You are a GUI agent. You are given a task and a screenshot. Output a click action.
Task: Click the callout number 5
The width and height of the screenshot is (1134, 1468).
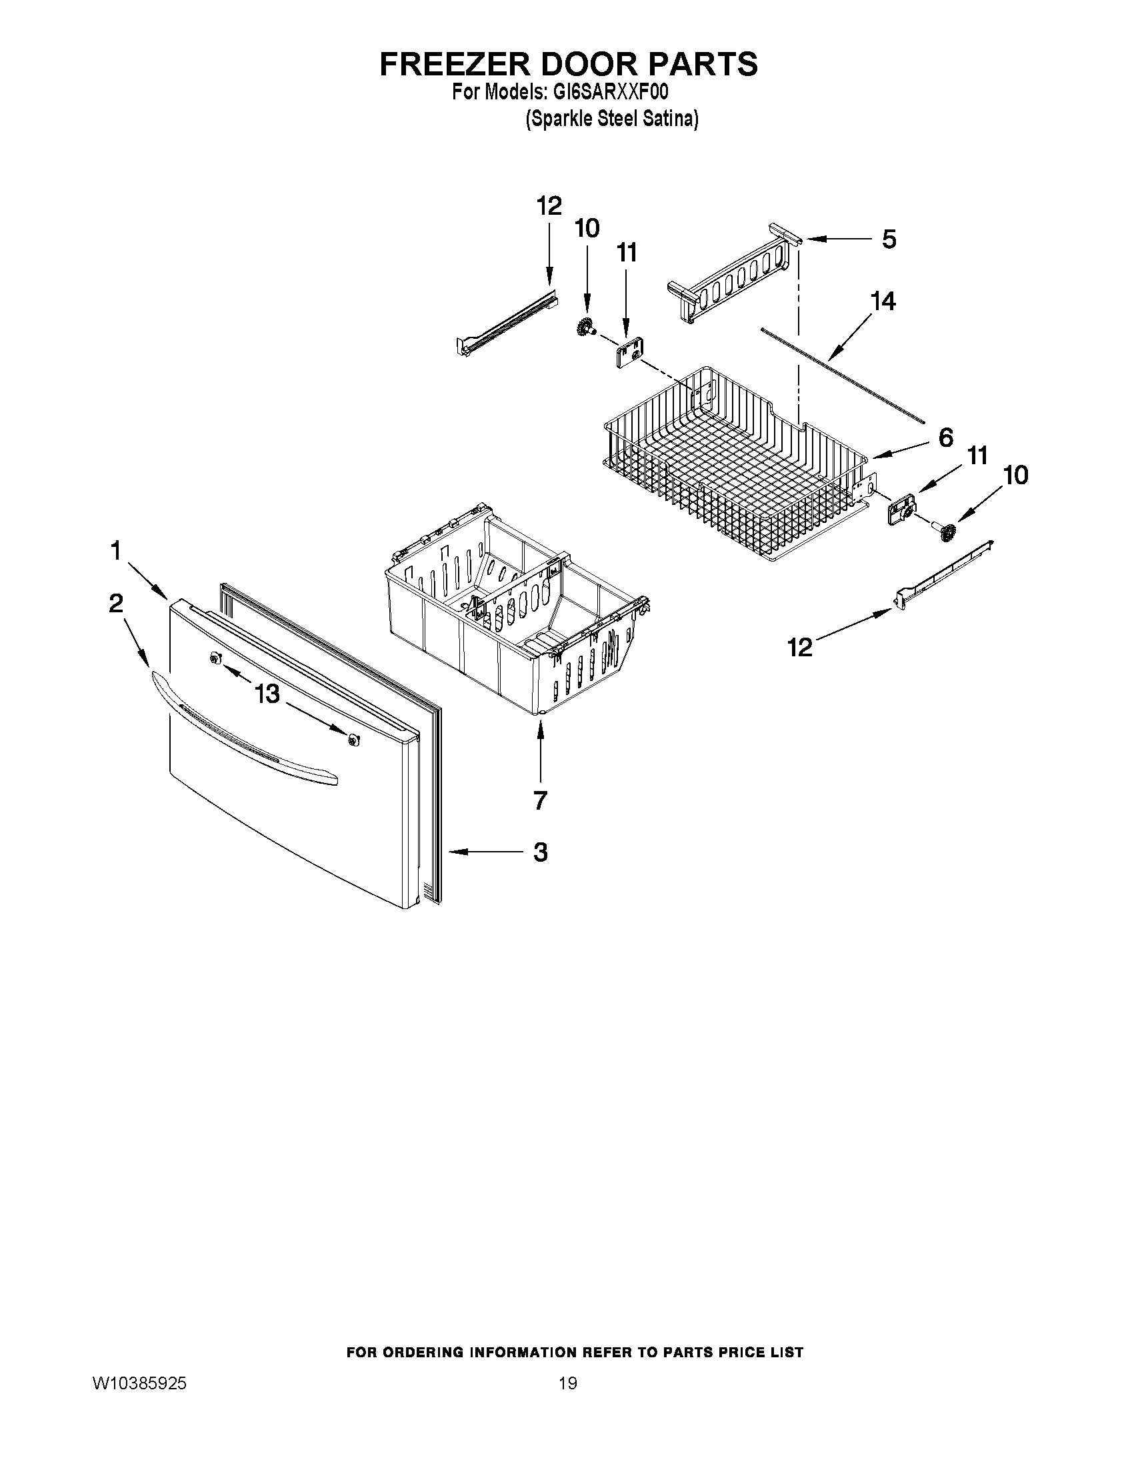(x=889, y=239)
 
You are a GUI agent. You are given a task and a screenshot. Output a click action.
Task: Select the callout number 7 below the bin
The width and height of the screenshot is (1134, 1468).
(x=540, y=800)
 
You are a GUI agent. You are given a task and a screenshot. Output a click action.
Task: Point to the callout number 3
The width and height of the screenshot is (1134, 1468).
(x=540, y=852)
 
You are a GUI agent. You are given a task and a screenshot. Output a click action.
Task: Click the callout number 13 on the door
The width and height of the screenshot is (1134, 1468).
(x=267, y=693)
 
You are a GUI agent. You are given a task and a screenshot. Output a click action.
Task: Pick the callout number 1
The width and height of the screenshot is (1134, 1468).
(x=116, y=551)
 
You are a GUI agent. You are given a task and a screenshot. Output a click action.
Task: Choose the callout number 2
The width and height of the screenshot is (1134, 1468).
(x=116, y=604)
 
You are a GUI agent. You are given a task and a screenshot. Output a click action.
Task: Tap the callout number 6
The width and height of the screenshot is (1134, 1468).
(x=945, y=438)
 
